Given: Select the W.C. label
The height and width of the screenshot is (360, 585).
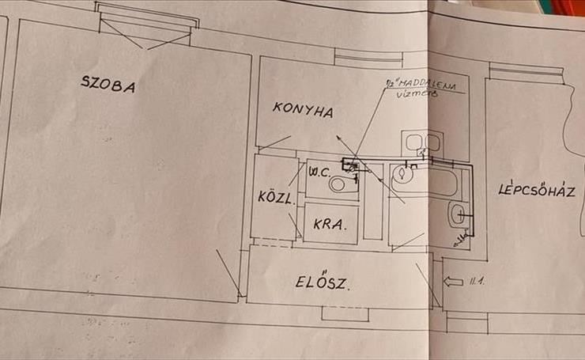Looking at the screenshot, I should pos(319,171).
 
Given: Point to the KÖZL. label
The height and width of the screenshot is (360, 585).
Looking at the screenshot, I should pos(276,198).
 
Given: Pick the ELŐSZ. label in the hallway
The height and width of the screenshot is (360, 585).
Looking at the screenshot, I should pos(323,281).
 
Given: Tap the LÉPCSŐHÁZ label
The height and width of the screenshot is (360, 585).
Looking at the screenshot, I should pos(539,190).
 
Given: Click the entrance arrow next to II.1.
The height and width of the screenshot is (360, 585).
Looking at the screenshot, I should pos(453,281).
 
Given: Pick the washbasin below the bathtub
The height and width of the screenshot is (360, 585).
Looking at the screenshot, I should pos(456,214).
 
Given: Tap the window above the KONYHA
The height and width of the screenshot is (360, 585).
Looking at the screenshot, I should pos(369,57).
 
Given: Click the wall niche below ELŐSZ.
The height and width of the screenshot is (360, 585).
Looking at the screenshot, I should pos(345,313).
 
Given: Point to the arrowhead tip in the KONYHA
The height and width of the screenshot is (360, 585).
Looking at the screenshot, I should pos(338,138).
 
